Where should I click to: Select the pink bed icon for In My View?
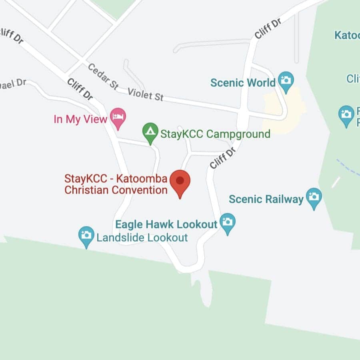click(118, 117)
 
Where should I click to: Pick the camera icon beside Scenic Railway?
click(314, 197)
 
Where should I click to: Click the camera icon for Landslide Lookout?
click(86, 236)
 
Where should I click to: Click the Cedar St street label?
click(103, 76)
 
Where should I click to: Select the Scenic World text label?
click(243, 83)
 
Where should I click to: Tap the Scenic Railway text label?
click(266, 199)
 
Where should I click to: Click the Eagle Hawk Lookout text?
click(166, 224)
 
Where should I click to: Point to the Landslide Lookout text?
click(142, 238)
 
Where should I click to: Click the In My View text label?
click(80, 119)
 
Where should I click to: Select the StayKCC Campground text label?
click(215, 134)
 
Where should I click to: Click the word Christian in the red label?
click(87, 190)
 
